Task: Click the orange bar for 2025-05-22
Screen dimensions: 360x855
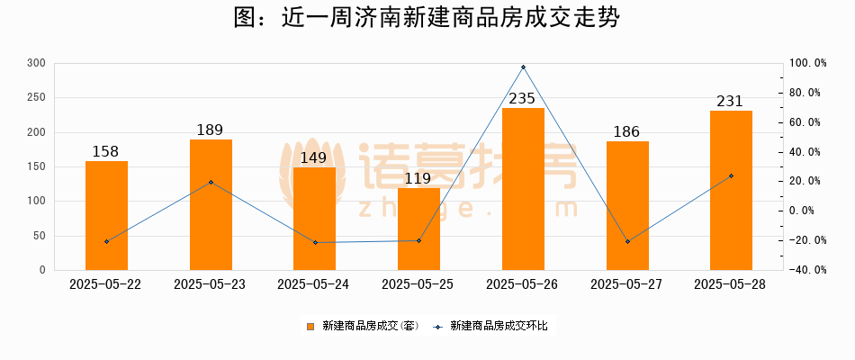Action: point(106,215)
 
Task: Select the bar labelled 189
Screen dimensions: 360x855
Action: point(211,204)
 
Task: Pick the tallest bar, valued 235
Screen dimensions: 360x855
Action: point(523,189)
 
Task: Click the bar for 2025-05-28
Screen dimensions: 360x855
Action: point(731,190)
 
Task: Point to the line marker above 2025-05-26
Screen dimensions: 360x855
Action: point(523,67)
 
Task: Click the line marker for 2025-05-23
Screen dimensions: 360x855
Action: point(211,182)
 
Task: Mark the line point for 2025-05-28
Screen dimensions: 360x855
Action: point(731,175)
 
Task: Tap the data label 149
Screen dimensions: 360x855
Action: point(314,157)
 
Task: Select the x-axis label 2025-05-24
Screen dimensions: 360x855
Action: point(314,284)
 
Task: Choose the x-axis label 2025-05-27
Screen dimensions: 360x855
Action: point(626,284)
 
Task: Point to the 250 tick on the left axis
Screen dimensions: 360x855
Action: point(37,97)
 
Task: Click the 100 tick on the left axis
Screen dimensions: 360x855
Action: point(37,201)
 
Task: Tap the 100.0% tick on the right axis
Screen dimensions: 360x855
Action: point(807,63)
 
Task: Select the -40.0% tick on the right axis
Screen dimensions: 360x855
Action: point(807,270)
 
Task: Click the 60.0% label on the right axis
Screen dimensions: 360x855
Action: point(807,122)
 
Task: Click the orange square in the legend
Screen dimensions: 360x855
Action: point(310,326)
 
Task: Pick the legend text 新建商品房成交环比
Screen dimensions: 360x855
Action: point(498,326)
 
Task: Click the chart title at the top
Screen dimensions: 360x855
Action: point(427,19)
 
